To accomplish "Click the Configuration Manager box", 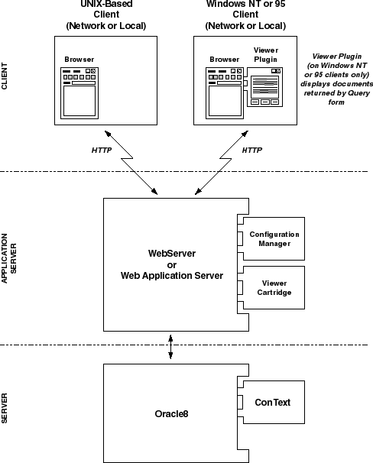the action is coord(274,239).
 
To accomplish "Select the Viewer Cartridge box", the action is coord(274,287).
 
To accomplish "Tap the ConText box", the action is coord(274,402).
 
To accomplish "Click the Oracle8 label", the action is coord(171,413).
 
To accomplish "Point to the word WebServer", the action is coord(172,254).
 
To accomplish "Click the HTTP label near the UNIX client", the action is coord(102,151).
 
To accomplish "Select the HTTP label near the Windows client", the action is coord(252,151).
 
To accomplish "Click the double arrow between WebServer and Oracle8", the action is coord(170,347).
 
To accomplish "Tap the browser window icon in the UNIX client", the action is coord(79,93).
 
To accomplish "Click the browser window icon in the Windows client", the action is coord(225,93).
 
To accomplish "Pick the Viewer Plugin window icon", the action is coord(264,87).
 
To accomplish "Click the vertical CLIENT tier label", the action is coord(5,76).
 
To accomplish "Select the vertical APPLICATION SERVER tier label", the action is coord(9,258).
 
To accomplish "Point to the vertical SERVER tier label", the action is coord(5,409).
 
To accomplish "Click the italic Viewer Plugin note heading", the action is coord(337,56).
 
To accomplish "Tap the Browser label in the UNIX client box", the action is coord(79,60).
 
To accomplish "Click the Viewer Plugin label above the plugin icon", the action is coord(266,54).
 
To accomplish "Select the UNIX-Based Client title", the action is coord(106,15).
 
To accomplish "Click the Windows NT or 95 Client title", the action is coord(245,15).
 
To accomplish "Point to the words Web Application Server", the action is coord(172,276).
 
